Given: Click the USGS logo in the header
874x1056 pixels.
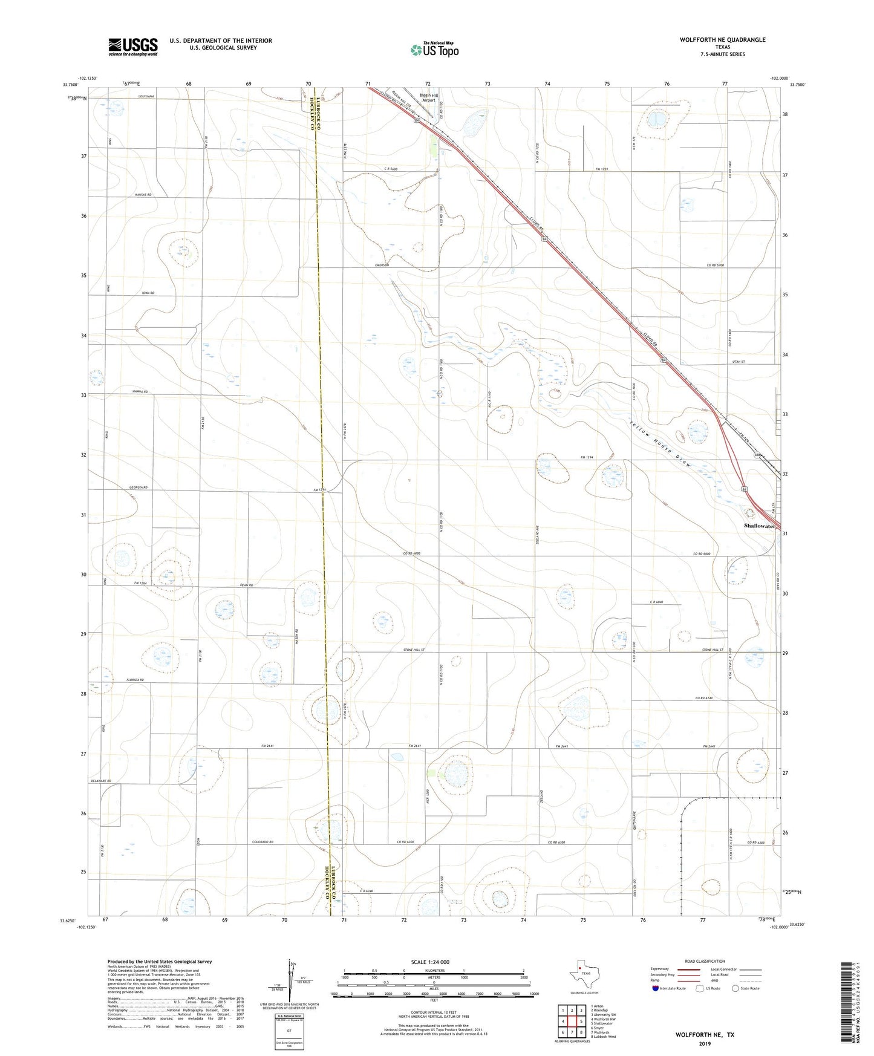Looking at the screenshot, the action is [x=133, y=47].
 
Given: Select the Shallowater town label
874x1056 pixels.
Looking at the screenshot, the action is [x=759, y=526].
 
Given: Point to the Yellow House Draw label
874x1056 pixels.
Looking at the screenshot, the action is [x=659, y=443].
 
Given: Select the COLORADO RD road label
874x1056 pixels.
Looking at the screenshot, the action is [x=263, y=842].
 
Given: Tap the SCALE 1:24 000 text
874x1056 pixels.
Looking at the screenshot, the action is [x=434, y=962].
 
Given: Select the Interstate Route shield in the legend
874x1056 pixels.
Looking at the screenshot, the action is [x=656, y=988].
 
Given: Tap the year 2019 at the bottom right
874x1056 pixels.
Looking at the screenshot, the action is [x=704, y=1043].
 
